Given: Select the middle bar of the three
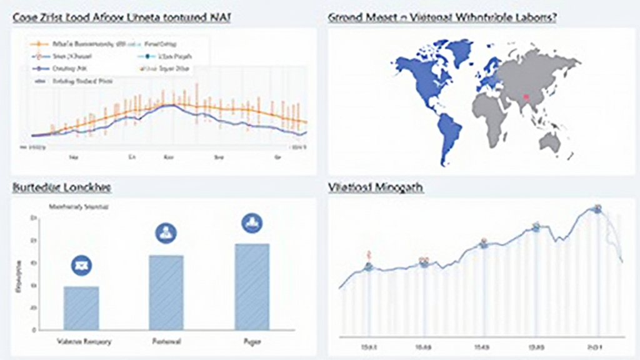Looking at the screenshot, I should pos(166,292).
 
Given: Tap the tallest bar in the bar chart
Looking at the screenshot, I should pos(252,286).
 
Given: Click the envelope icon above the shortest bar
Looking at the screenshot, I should pos(82,264).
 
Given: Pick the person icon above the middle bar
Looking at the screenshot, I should pos(166,233).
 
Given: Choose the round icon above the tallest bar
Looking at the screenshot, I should pos(252,222).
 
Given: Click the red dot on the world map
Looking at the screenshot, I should pos(526,96).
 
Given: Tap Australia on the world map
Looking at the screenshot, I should pos(550,142).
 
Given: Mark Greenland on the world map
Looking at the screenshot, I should pos(461,51).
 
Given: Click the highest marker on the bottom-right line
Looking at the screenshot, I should pos(597,209).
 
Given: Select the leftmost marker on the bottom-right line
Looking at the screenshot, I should pos(369,267).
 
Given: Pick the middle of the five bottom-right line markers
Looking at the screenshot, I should pos(483,244).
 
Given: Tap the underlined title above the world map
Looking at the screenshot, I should pos(442,18).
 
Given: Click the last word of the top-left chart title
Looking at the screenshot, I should pos(218,18).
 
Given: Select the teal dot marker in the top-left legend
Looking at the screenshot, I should pos(147,56).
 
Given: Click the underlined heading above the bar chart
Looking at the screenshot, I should pos(61,187).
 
